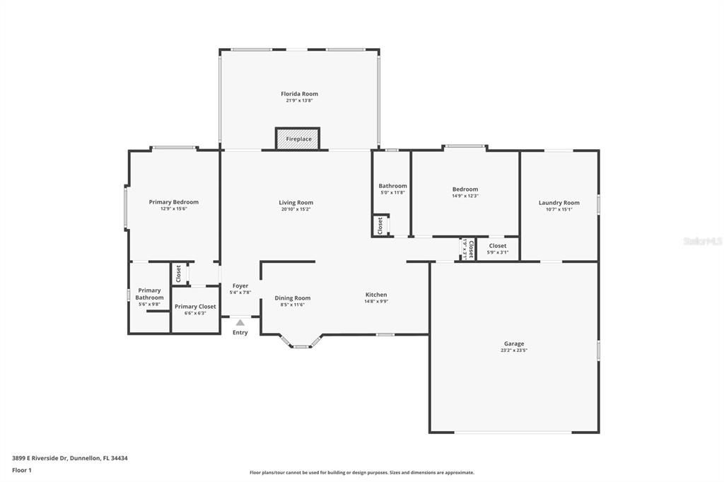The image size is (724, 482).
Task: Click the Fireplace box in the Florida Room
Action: point(298,139)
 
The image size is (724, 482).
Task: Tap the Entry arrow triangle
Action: point(240,322)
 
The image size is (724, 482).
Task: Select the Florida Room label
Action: point(299,94)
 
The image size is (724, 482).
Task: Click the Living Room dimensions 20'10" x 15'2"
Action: point(296,209)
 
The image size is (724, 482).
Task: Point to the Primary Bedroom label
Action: point(174,202)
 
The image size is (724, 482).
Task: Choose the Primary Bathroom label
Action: point(149,294)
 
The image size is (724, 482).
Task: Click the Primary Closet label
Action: point(195,307)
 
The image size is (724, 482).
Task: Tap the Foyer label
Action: point(240,286)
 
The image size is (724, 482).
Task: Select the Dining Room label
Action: point(293,298)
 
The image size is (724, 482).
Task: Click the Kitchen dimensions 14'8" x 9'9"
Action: point(376,301)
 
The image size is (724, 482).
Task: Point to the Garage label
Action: point(514,343)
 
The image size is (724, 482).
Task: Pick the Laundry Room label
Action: point(559,203)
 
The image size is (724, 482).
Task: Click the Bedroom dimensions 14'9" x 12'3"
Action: point(465,196)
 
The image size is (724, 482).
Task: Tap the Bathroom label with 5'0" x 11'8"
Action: point(392,186)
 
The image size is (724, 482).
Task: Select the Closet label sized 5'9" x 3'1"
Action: point(498,246)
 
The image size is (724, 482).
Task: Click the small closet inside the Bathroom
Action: point(380,225)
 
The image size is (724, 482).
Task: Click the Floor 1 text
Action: point(22,470)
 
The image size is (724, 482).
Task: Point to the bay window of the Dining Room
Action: point(300,344)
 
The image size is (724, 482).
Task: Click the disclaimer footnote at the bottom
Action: point(362,472)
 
